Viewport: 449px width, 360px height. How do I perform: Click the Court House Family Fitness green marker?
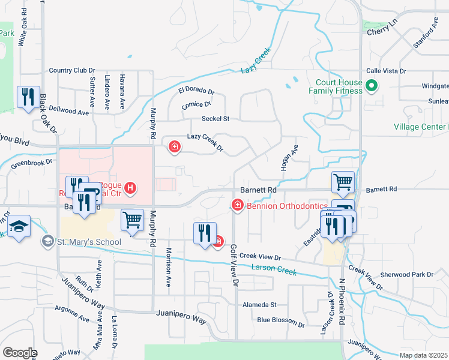click(371, 86)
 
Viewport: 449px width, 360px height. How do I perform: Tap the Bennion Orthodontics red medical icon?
click(238, 206)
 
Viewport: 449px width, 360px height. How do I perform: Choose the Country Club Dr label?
click(73, 71)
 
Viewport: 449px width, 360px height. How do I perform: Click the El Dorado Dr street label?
click(196, 91)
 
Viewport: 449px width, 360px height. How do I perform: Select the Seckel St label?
click(215, 119)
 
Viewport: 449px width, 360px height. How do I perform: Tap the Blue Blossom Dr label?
click(280, 320)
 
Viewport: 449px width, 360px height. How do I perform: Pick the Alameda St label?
click(259, 305)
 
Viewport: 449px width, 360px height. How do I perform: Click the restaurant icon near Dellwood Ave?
click(28, 97)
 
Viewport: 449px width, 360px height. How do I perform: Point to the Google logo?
click(20, 353)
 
